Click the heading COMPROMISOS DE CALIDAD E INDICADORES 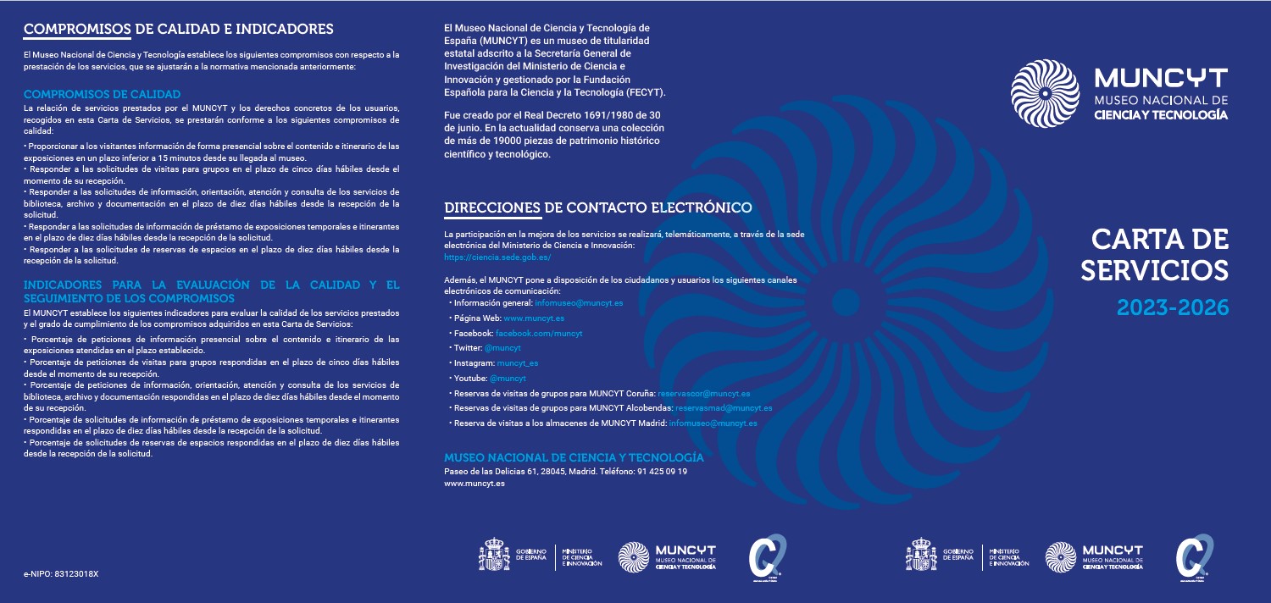[178, 30]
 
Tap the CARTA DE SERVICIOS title [1157, 255]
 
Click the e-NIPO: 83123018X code [61, 573]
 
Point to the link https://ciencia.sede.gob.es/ [497, 257]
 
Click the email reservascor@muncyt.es [704, 393]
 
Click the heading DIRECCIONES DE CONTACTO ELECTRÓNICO [598, 207]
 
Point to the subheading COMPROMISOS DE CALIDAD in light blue [102, 93]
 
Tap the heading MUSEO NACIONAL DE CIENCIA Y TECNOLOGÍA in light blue [574, 457]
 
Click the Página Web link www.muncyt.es [534, 318]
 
